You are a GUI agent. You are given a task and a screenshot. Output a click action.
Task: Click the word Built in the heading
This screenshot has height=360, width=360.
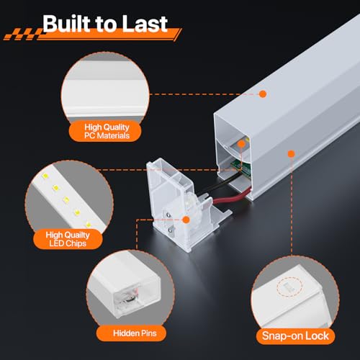coord(67,23)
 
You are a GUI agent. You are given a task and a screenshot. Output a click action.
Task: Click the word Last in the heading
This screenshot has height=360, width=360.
coord(145,24)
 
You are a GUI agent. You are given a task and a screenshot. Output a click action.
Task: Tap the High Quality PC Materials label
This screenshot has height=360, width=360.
coord(107,131)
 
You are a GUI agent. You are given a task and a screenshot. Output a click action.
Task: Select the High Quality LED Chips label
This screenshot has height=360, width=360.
coord(68,239)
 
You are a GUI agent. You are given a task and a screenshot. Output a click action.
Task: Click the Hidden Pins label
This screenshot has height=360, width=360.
coord(135,333)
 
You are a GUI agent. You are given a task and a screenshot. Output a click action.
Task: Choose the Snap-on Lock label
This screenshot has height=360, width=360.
coord(295,336)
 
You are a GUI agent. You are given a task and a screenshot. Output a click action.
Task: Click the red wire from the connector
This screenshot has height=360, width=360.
coord(230,197)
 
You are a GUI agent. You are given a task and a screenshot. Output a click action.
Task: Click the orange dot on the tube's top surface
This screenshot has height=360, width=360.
coord(263,94)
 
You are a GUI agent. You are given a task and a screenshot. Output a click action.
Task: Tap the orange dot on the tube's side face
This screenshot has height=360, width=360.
coord(291,154)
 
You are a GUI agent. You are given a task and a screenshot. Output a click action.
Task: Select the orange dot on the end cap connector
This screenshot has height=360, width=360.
coord(186,220)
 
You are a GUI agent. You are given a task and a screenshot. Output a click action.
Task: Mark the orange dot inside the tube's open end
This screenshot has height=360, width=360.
coord(241,144)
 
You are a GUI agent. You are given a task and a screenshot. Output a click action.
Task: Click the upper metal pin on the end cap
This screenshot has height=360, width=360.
coord(168,214)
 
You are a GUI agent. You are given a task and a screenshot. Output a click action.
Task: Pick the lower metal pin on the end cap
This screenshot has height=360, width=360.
coord(171,230)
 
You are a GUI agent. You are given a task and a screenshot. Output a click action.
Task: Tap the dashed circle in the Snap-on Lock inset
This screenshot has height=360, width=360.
coord(289,287)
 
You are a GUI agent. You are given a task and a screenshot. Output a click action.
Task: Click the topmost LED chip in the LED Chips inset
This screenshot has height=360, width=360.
coord(45,176)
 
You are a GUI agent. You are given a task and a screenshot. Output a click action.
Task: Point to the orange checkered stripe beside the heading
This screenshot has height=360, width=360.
coord(24,34)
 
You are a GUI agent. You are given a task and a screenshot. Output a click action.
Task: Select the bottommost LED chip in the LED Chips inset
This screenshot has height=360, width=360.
coord(89,225)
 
